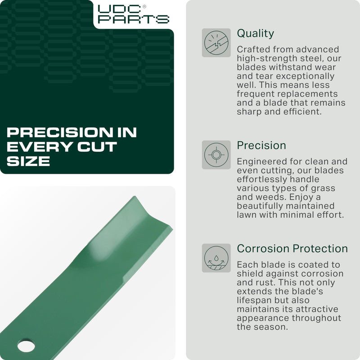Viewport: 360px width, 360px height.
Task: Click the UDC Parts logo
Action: tap(134, 14)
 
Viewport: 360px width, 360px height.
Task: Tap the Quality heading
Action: tap(255, 33)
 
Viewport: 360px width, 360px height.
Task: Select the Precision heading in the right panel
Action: tap(261, 145)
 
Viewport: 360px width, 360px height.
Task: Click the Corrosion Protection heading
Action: tap(292, 248)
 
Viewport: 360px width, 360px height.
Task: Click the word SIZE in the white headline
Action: tap(28, 161)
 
